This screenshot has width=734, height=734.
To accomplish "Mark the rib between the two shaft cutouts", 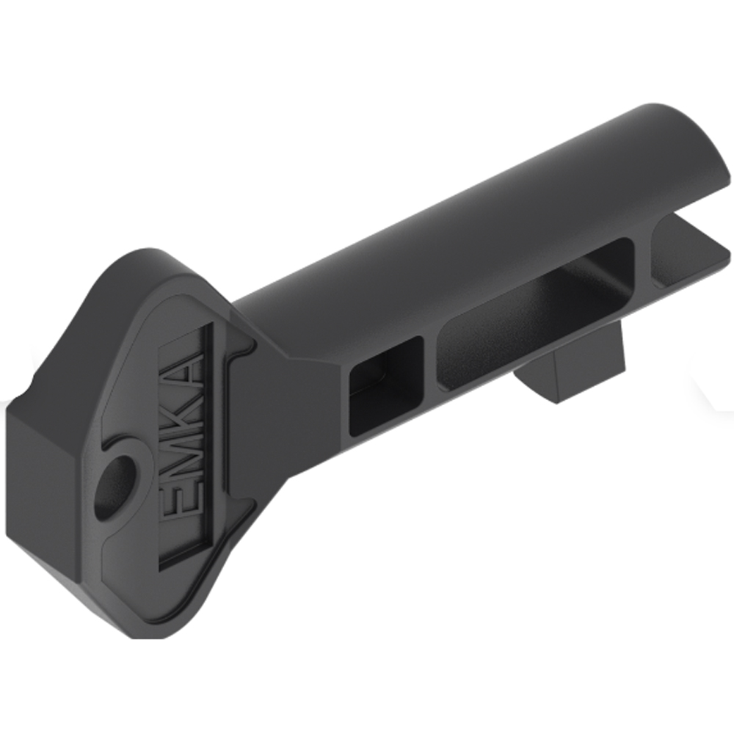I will click(432, 367).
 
